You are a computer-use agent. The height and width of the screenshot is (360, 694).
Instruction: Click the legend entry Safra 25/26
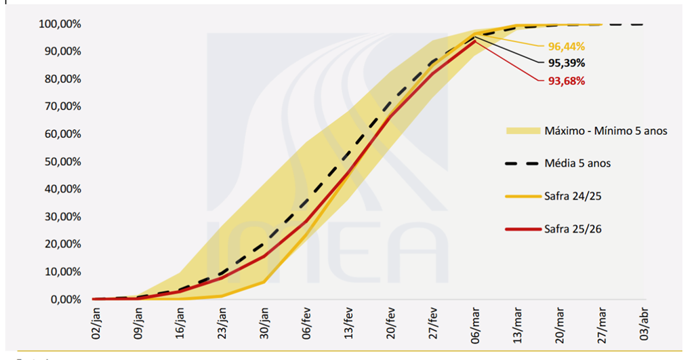(573, 228)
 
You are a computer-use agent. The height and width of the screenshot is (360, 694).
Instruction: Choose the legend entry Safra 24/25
(573, 196)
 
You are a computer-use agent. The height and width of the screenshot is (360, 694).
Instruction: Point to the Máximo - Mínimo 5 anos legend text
(606, 130)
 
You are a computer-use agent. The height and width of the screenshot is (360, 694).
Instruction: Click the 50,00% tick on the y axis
(60, 161)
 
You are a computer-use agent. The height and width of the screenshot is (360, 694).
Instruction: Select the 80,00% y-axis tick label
(60, 79)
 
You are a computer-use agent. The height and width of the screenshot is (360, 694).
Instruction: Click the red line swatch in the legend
(521, 229)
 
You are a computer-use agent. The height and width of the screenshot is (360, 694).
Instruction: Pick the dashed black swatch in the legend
(521, 163)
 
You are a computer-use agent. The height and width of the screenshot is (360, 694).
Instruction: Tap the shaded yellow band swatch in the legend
(521, 130)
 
